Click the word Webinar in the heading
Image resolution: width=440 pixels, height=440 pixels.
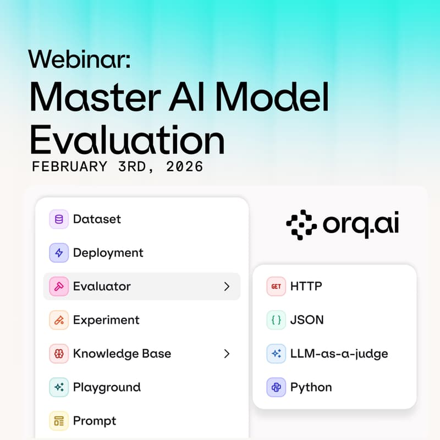[x=80, y=58]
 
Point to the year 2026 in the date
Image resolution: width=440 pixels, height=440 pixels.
[x=183, y=167]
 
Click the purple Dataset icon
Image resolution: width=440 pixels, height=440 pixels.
[x=59, y=219]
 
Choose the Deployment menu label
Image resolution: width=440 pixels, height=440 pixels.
[x=108, y=252]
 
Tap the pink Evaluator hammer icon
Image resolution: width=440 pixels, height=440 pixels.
[x=59, y=287]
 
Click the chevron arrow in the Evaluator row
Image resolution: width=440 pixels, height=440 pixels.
[x=226, y=287]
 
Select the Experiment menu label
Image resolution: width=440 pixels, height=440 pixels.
[x=106, y=320]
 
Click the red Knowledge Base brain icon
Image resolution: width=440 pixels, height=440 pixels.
[x=59, y=354]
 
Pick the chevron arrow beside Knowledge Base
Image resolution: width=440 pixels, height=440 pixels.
[x=226, y=354]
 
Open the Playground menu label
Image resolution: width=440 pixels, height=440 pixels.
[x=107, y=387]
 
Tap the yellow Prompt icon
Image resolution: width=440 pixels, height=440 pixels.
[x=59, y=421]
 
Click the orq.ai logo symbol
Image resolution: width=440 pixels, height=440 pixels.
[x=301, y=225]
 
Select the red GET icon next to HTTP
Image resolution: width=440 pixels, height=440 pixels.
[x=276, y=287]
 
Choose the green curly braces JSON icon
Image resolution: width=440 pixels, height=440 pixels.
[x=276, y=320]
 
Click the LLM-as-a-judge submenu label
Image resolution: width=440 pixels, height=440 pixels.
[x=339, y=354]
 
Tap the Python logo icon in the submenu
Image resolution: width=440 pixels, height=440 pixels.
[x=276, y=387]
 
